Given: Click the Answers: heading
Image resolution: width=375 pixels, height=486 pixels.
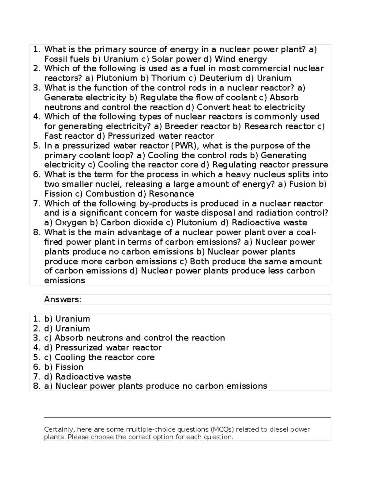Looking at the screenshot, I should (x=62, y=299).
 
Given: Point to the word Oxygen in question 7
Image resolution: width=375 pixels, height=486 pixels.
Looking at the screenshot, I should (x=71, y=223).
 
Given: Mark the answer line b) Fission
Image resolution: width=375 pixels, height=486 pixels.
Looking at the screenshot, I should (x=64, y=367).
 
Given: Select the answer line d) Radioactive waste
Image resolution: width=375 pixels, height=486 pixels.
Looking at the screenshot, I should (x=87, y=376).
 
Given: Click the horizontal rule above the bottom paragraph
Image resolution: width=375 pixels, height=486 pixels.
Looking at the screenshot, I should (x=187, y=417).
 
